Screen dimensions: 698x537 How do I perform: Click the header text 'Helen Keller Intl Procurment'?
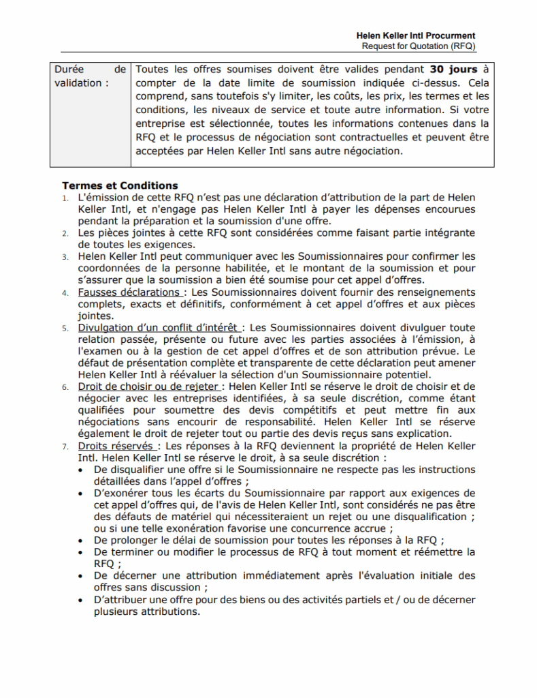(416, 35)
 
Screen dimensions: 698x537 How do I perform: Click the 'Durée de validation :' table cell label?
(90, 76)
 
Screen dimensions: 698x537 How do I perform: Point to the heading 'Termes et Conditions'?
(120, 185)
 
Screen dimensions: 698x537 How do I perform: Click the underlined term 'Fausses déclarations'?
(129, 292)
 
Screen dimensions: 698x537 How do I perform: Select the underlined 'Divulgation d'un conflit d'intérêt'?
(160, 328)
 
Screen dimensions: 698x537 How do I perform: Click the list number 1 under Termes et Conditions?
(65, 198)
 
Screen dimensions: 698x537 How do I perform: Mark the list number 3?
(65, 257)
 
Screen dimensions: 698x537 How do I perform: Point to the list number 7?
(65, 446)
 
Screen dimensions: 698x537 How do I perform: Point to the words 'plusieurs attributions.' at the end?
(147, 611)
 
